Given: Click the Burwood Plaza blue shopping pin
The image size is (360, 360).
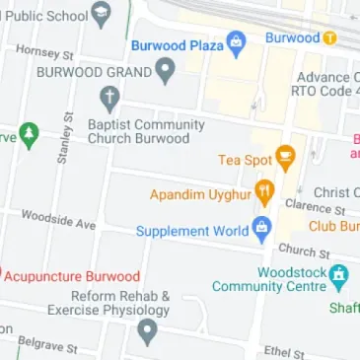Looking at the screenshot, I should [236, 43].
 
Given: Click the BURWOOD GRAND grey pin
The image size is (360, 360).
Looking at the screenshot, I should [167, 71].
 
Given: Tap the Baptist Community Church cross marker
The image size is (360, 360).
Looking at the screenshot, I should [110, 98].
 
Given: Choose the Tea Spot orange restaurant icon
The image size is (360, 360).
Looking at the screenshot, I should [286, 156].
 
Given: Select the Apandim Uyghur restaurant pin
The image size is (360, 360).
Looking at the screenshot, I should [263, 192].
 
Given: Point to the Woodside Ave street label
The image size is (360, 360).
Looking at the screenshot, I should [59, 220].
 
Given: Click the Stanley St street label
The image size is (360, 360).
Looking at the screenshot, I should [65, 138].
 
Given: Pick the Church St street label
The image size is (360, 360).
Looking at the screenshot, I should [296, 251].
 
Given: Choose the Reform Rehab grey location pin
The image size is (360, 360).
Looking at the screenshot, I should [148, 331].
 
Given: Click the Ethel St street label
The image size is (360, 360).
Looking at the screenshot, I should [284, 351].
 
